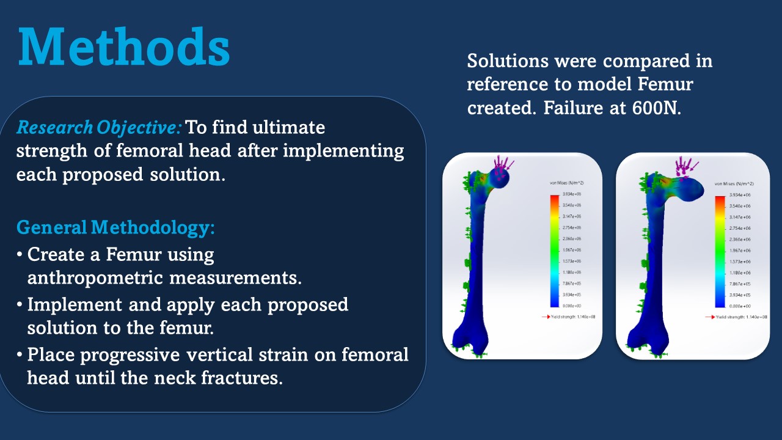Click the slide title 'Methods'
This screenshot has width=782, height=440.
pos(124,48)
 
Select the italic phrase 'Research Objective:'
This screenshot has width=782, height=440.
pos(99,127)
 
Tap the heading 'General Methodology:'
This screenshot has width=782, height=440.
pos(115,227)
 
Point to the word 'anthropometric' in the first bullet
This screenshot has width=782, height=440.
pos(95,277)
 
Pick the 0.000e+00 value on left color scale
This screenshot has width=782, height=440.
pos(562,305)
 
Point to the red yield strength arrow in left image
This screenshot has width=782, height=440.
pos(546,317)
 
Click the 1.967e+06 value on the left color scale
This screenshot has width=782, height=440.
pos(562,249)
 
